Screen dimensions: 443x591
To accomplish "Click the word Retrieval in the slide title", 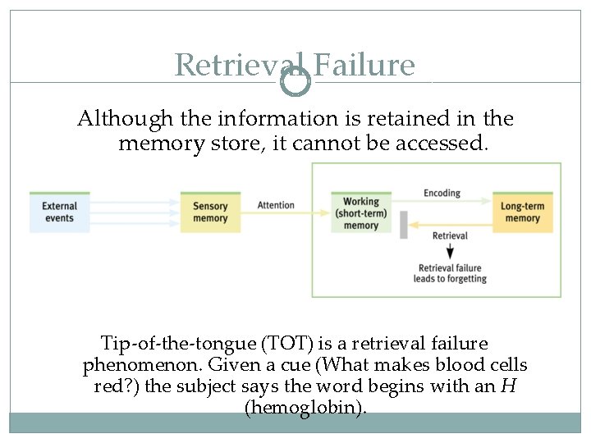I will point(238,65).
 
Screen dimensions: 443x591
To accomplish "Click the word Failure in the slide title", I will point(364,65).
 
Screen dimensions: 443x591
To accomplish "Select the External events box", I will point(59,212).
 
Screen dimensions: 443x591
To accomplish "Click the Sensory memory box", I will point(210,212).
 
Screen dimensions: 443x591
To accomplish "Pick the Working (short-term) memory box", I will point(361,212).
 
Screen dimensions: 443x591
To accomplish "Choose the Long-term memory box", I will point(522,212).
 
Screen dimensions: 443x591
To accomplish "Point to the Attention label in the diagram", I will point(276,205).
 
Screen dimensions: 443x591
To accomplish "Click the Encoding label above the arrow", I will point(442,194).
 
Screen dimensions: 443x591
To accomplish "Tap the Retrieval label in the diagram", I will point(449,236).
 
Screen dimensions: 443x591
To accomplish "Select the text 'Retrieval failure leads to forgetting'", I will point(450,273).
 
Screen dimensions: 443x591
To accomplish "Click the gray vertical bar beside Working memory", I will point(404,224).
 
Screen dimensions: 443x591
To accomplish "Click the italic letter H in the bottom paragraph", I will point(509,386).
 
